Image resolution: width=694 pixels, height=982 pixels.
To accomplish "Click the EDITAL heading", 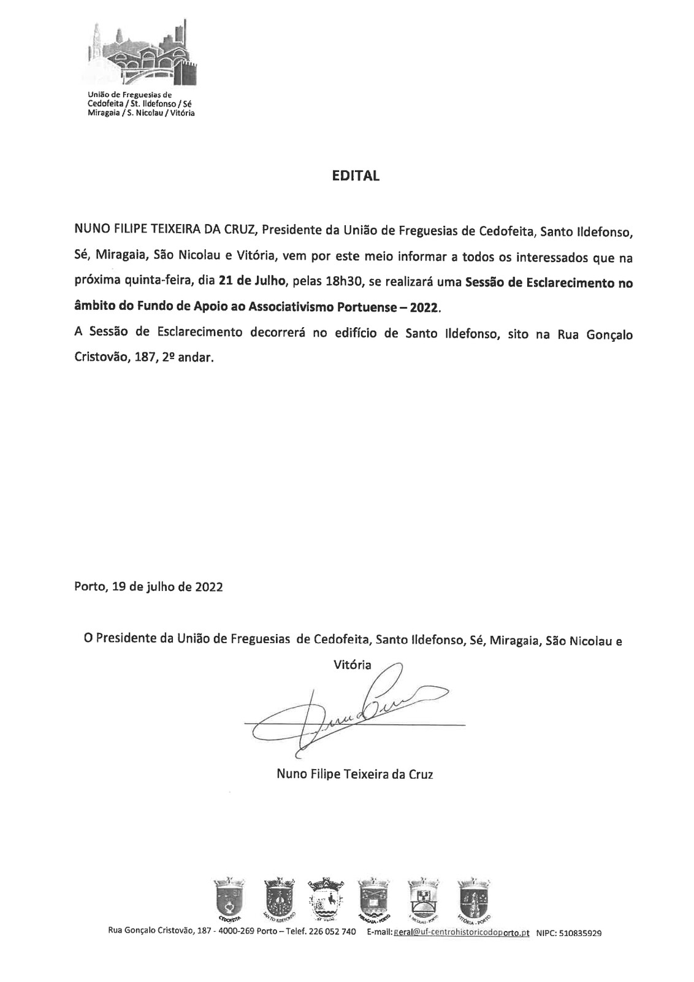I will pos(356,176).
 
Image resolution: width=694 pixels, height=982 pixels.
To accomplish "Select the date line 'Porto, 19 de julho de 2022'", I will pos(148,586).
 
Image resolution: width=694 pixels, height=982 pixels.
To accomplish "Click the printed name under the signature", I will pos(355,775).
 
